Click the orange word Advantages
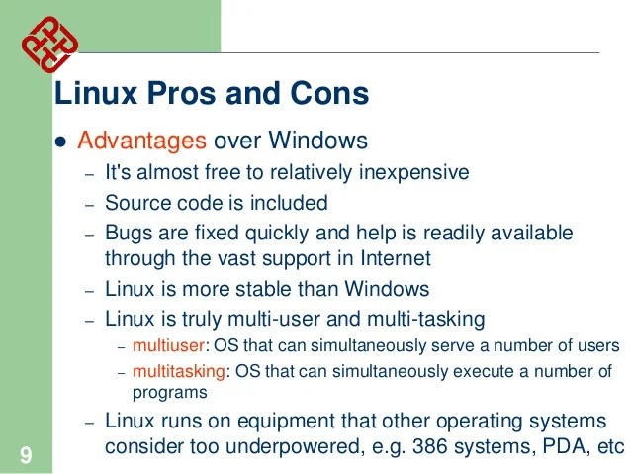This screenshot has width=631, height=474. click(141, 141)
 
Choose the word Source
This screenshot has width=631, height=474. click(135, 203)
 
